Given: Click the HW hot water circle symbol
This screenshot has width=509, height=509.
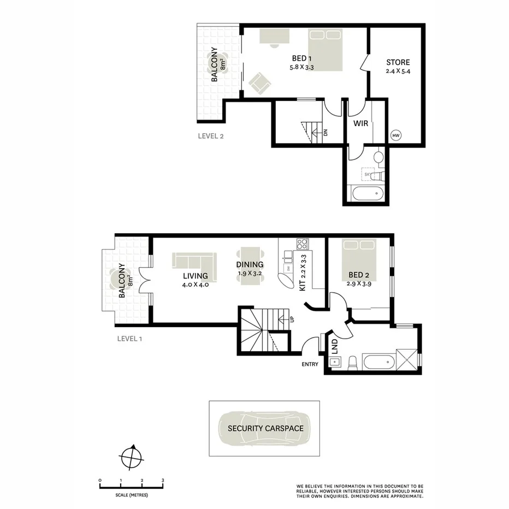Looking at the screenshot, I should click(x=396, y=135).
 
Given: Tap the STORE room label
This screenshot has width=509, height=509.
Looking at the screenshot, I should click(x=398, y=62).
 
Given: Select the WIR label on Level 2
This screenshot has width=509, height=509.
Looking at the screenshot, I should click(x=360, y=124).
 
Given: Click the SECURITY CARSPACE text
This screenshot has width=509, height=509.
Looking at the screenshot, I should click(x=265, y=429).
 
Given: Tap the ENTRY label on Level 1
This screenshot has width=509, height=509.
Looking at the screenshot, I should click(x=309, y=364).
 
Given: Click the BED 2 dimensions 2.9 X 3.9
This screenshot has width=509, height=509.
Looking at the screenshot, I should click(x=359, y=284).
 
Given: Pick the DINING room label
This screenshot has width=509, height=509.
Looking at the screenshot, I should click(x=250, y=265).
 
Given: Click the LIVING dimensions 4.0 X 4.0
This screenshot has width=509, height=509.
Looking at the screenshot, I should click(x=195, y=285).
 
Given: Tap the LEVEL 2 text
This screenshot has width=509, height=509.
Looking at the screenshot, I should click(x=211, y=137).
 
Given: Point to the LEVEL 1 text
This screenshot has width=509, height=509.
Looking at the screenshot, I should click(x=130, y=339).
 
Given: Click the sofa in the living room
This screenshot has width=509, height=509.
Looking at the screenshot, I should click(x=193, y=260).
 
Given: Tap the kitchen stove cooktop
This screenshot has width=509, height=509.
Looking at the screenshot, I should click(x=302, y=244).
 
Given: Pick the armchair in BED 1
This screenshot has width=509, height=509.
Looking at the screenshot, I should click(x=259, y=83).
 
